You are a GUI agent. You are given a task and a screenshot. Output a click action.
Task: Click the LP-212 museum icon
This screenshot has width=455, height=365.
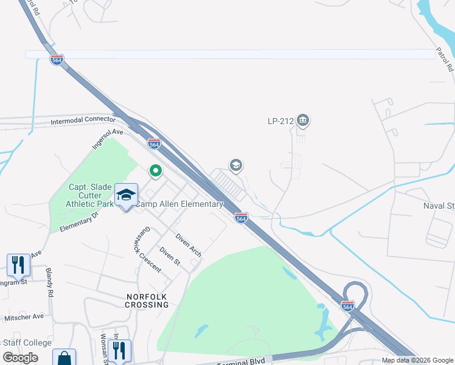tap(303, 121)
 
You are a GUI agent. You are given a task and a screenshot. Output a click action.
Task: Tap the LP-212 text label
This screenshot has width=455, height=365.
tap(281, 121)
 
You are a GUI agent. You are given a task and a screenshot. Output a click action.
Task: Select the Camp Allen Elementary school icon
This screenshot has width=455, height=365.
tap(126, 195)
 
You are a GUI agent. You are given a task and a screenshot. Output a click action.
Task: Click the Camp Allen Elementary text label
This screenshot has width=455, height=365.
tap(179, 204)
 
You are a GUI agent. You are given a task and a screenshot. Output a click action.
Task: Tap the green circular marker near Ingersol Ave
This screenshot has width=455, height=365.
tap(155, 172)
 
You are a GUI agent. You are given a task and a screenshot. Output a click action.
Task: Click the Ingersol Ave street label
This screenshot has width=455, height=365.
tap(108, 139)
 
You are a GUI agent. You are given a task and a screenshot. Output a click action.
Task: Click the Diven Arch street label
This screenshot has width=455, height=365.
tap(188, 245)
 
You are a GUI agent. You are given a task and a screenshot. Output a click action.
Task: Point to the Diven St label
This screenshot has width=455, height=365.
tap(170, 257)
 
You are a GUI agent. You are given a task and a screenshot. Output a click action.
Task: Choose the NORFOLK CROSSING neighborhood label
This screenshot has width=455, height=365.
tap(147, 300)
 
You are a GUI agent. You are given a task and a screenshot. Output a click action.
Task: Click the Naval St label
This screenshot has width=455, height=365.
tap(439, 206)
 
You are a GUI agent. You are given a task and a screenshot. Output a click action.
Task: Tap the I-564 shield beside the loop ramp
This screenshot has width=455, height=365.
tap(347, 305)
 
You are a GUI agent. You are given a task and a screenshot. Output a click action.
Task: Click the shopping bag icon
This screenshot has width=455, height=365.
tap(64, 358)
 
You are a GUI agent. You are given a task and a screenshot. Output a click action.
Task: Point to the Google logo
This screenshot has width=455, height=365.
tap(21, 358)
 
